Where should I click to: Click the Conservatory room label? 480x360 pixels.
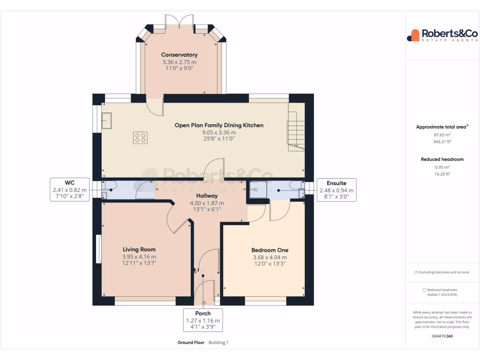(179, 55)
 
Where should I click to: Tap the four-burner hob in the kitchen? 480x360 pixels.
(140, 137)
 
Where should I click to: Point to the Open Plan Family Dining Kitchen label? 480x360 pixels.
(219, 125)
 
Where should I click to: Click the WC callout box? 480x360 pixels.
(70, 189)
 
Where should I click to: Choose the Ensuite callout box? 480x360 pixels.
(336, 189)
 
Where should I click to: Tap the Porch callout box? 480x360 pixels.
(203, 320)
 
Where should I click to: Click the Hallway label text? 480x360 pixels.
(207, 196)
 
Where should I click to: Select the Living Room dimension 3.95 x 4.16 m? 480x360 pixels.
(139, 257)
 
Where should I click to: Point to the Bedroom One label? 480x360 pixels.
(270, 250)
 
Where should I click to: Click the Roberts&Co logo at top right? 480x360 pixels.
(442, 35)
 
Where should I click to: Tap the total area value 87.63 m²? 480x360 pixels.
(442, 135)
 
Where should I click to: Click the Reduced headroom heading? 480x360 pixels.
(442, 159)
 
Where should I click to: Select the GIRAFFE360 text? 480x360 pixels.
(442, 336)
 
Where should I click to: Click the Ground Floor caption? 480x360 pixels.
(191, 343)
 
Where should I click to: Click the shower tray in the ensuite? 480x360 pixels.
(257, 191)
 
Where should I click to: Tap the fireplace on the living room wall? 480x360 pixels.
(99, 248)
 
